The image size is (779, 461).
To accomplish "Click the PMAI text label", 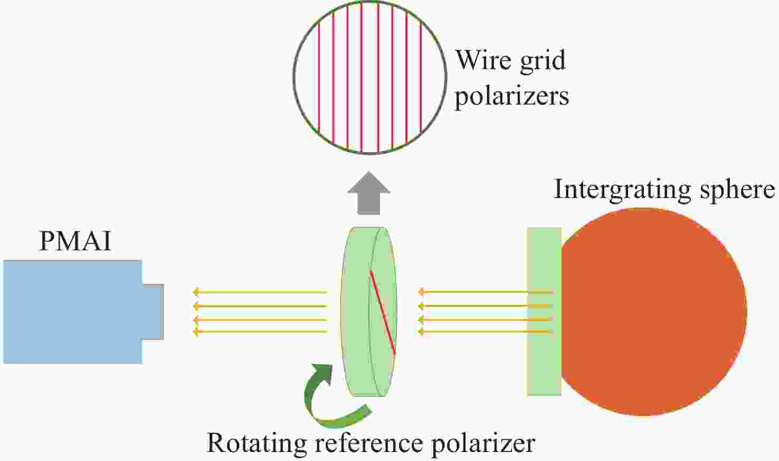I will point(75,242).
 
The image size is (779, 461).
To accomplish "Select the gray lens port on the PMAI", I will point(153,312).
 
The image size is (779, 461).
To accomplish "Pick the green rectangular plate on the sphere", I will point(544,312).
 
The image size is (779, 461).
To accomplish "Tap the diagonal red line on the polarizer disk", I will point(383,312).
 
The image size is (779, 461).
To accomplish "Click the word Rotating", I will point(253,442).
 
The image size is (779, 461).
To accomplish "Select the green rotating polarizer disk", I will point(356,312).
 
